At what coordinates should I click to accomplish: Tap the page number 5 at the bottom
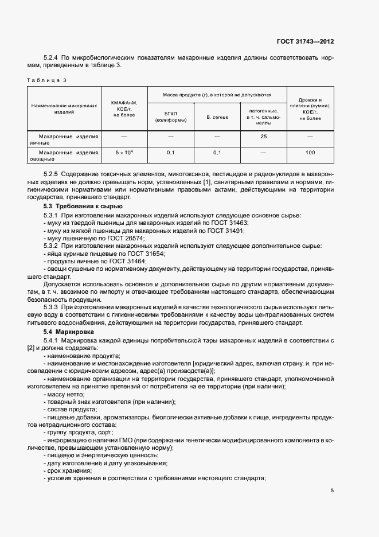(x=332, y=491)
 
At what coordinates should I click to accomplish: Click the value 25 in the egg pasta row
(x=264, y=137)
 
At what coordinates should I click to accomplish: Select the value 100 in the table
(x=310, y=153)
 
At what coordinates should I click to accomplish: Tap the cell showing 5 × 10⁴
(x=124, y=153)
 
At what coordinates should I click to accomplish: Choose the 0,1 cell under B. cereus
(x=217, y=153)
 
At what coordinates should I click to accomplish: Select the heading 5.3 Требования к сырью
(x=83, y=206)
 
